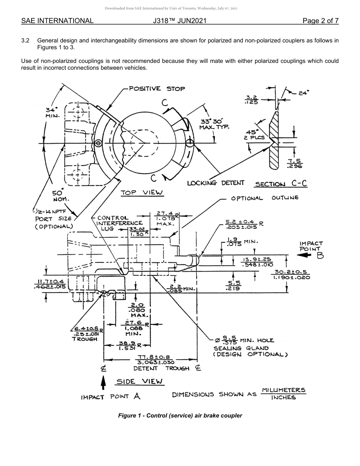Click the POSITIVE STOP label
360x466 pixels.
[x=157, y=89]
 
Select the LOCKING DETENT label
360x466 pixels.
[x=216, y=183]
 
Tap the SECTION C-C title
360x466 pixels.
[x=281, y=184]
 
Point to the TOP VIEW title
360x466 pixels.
[x=142, y=193]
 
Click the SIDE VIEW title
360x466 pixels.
[x=139, y=382]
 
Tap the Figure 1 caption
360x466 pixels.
[x=180, y=416]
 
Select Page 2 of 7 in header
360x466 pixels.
[x=321, y=21]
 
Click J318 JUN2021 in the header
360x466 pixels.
[x=180, y=21]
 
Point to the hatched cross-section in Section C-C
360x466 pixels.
[x=274, y=152]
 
